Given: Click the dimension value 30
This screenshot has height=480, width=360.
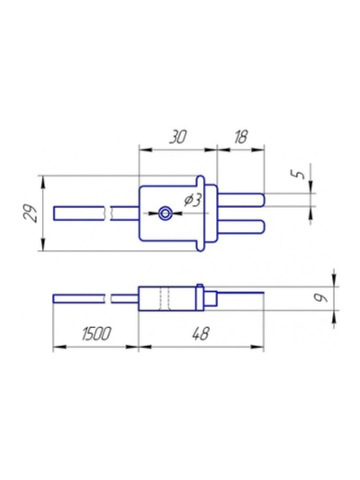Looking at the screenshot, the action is (177, 137).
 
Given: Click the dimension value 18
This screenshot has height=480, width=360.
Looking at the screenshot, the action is (240, 137).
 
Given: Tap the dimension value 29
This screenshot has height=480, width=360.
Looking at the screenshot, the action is (31, 213).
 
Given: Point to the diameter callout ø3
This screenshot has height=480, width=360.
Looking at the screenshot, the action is (192, 200).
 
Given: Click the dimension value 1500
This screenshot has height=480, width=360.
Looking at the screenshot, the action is (95, 333).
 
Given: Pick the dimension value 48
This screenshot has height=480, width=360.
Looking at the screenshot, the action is (201, 333).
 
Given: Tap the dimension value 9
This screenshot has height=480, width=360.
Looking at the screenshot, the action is (322, 298).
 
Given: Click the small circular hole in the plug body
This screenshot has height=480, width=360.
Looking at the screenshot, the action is (166, 213).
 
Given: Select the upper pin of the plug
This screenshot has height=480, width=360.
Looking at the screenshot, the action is (241, 200).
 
